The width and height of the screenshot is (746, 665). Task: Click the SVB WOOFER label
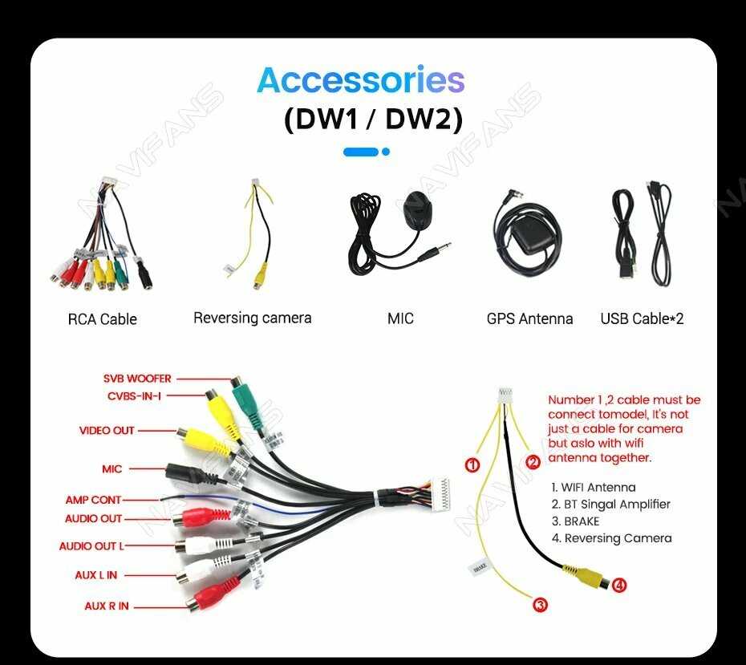tap(137, 379)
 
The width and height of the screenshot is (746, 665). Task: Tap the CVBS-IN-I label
tap(134, 395)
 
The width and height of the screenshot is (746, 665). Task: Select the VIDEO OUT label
tap(107, 431)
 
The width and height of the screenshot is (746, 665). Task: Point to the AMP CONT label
tap(93, 500)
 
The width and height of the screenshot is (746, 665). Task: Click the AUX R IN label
tap(107, 606)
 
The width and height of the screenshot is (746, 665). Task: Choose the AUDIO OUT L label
tap(91, 546)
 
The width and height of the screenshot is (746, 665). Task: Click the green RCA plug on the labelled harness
tap(248, 405)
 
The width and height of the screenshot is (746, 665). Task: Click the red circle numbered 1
tap(472, 464)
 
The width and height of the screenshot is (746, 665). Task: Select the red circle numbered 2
tap(534, 462)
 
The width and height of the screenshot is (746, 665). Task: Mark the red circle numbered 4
tap(618, 586)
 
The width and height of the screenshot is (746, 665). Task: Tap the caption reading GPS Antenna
tap(529, 318)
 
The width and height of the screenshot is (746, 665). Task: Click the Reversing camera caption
tap(252, 318)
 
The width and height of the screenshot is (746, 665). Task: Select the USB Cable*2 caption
tap(642, 318)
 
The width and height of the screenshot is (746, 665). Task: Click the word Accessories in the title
tap(361, 81)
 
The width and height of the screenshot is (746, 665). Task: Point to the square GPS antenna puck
tap(529, 237)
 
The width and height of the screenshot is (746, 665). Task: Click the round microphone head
tap(417, 210)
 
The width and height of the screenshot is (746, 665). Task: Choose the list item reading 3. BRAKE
tap(575, 521)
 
